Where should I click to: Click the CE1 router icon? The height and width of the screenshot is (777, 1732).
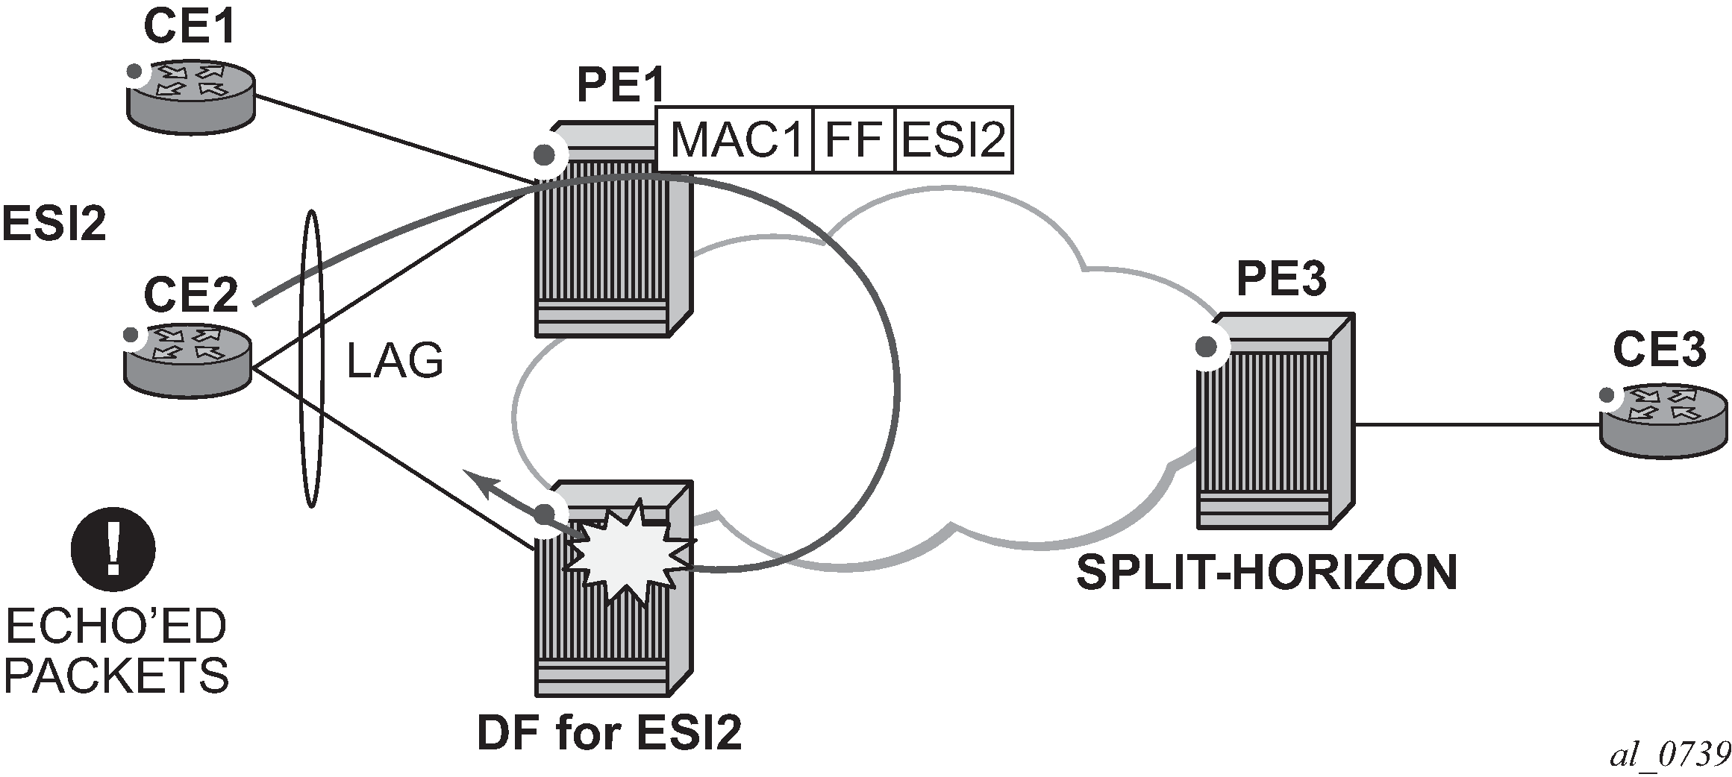[x=190, y=96]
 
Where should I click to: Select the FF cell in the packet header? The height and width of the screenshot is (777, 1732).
[x=853, y=140]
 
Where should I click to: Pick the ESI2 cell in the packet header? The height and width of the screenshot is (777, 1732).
[x=954, y=140]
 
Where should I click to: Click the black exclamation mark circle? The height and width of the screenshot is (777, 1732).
[x=113, y=549]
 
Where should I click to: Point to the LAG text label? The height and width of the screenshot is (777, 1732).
[x=396, y=361]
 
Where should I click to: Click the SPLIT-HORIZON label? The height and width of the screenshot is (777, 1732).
[x=1266, y=572]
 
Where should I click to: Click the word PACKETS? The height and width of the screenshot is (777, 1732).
[x=117, y=676]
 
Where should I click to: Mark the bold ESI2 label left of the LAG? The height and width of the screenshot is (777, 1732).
[x=54, y=224]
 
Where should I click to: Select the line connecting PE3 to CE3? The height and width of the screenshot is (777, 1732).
[x=1478, y=425]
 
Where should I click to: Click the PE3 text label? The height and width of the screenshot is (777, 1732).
[x=1281, y=279]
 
